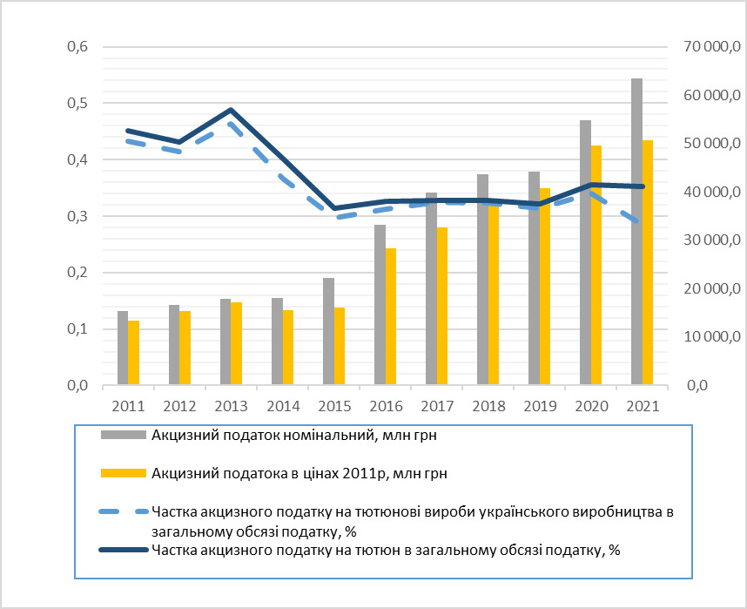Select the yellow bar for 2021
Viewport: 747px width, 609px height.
click(x=647, y=262)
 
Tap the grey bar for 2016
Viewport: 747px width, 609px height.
click(x=380, y=305)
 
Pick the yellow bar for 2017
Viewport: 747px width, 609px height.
click(x=441, y=306)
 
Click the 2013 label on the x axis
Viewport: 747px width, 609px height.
click(x=231, y=406)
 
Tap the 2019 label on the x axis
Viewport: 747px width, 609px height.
click(x=539, y=406)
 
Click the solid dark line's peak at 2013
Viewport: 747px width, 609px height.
click(x=231, y=111)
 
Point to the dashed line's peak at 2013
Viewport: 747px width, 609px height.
click(x=231, y=124)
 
